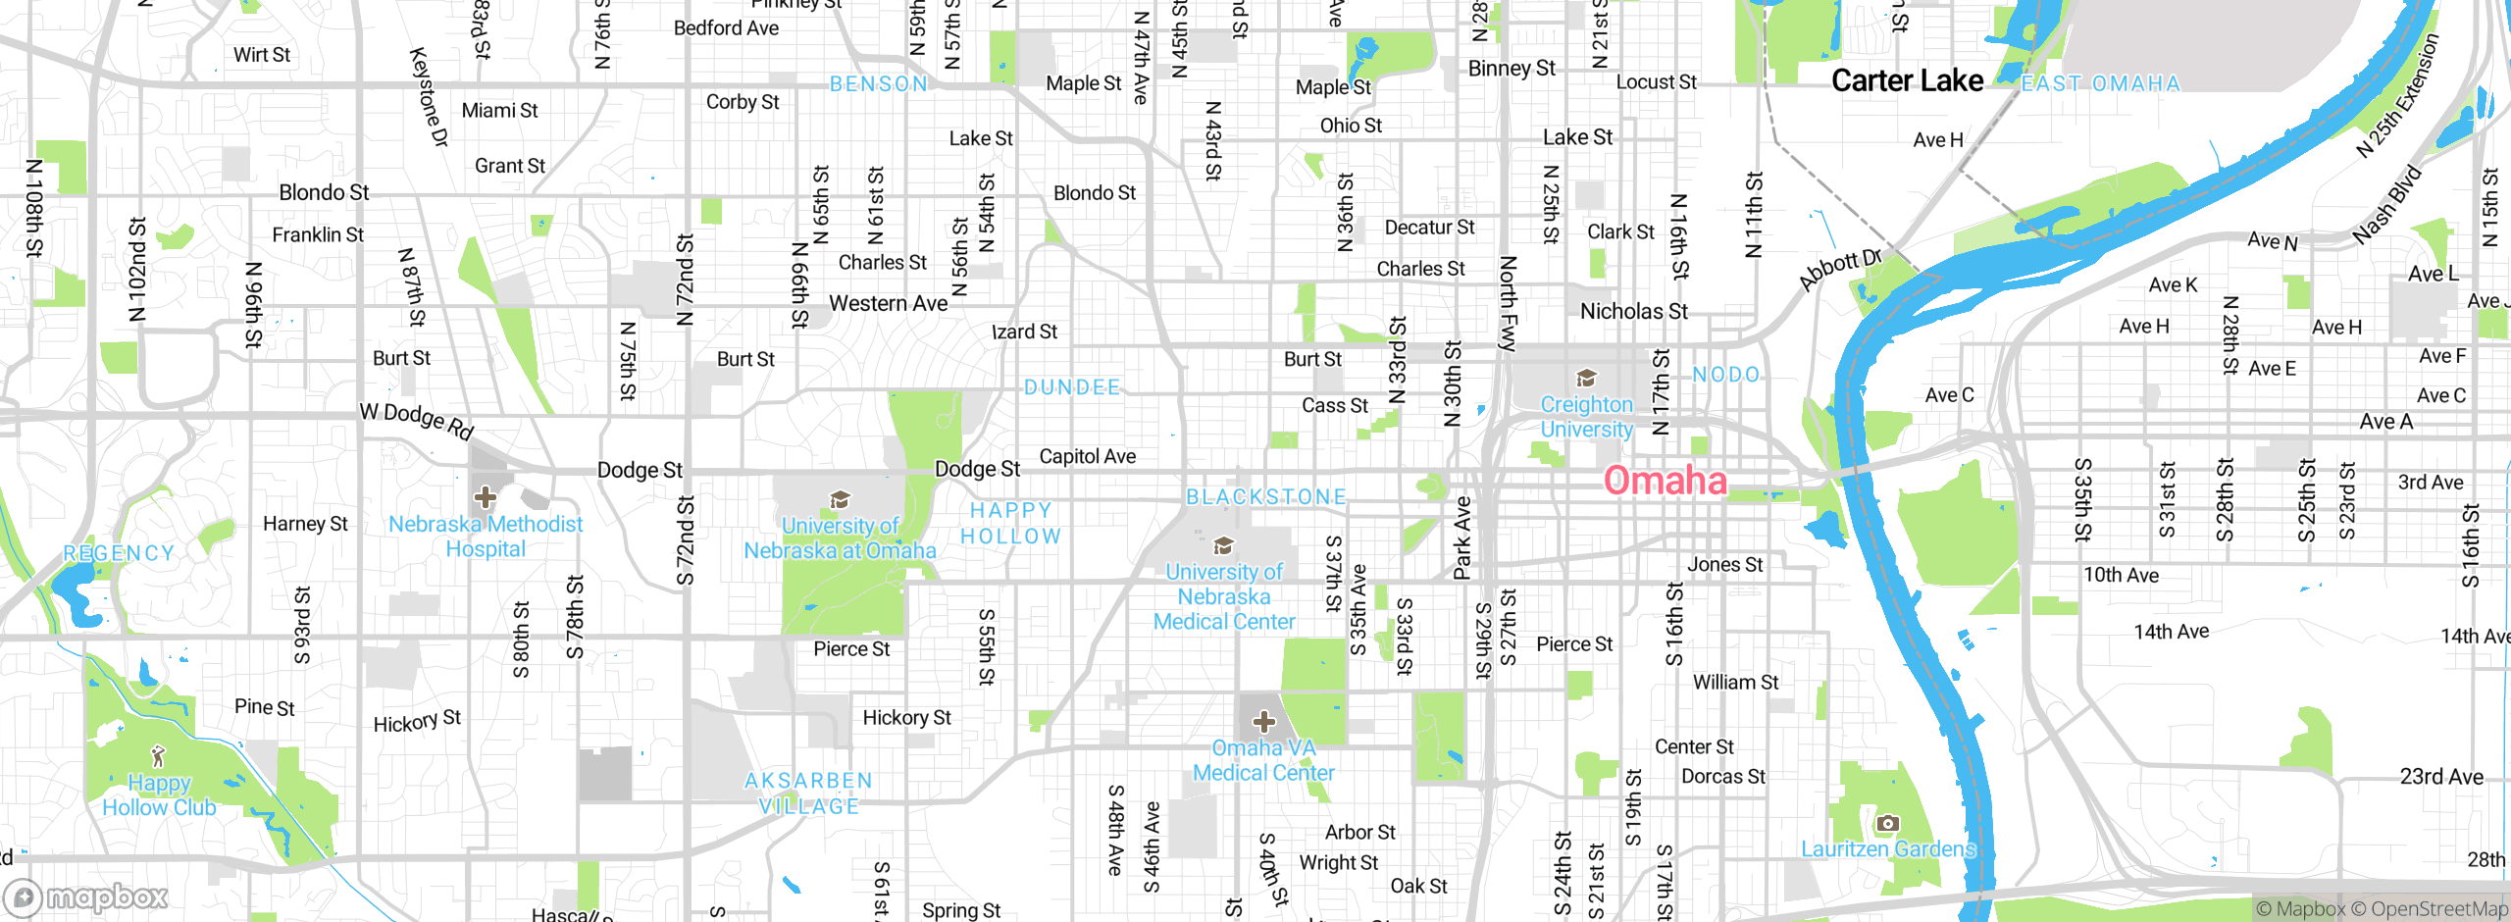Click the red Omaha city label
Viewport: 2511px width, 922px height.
(1665, 481)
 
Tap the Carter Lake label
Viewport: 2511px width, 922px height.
(1907, 80)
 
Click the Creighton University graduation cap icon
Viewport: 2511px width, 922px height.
(1586, 379)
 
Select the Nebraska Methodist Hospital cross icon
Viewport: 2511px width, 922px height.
(485, 497)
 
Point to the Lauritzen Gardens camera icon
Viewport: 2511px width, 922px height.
(1887, 824)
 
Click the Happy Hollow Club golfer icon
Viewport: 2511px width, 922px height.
(158, 756)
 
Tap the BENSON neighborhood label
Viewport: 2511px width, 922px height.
(879, 84)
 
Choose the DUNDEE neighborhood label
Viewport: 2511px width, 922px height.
(1072, 387)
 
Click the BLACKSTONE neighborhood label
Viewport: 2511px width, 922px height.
(1266, 497)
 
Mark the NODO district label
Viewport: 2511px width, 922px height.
(1726, 375)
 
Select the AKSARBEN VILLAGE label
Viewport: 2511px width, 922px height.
(808, 793)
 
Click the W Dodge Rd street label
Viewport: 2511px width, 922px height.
(417, 420)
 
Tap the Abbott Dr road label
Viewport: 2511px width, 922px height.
(1840, 270)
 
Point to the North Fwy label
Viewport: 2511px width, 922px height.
(1508, 303)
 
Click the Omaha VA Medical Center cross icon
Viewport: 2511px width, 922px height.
(1263, 723)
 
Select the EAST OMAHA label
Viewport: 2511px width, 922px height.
(2100, 84)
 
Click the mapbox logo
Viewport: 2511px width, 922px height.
(86, 897)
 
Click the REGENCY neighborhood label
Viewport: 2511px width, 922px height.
(119, 553)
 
